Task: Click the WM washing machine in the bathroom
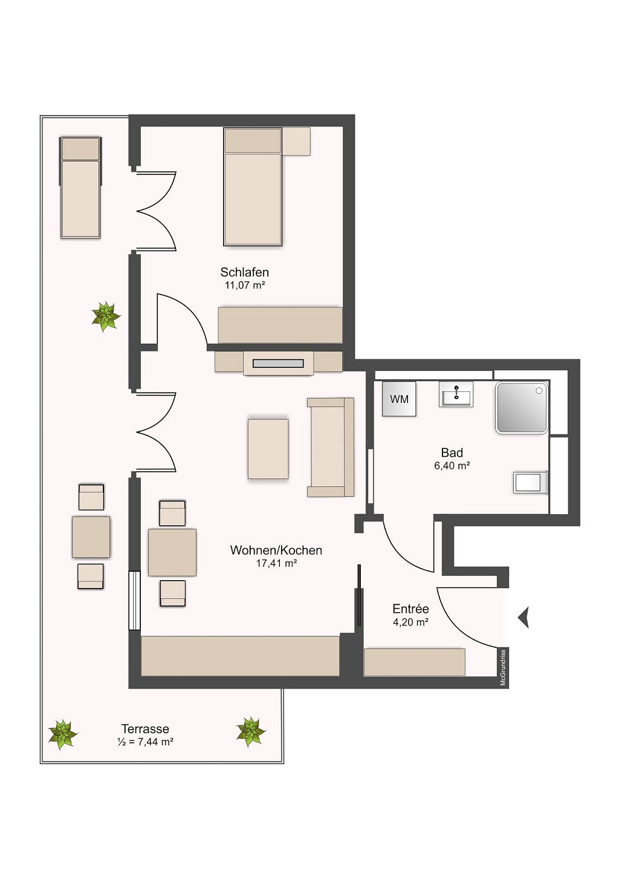pos(399,399)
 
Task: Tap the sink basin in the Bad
pos(456,394)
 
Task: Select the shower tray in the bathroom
pos(522,408)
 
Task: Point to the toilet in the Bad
pos(530,483)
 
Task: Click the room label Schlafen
pos(245,272)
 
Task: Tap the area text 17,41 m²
pos(276,563)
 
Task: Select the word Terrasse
pos(145,728)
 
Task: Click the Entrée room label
pos(410,609)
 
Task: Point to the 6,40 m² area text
pos(452,465)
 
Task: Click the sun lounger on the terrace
pos(80,188)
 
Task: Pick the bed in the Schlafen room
pos(253,186)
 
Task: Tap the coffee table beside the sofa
pos(268,449)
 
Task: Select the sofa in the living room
pos(331,448)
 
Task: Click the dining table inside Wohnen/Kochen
pos(172,552)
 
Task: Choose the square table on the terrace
pos(91,537)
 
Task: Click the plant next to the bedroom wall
pos(106,316)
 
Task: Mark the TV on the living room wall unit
pos(278,364)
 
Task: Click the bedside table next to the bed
pos(296,141)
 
